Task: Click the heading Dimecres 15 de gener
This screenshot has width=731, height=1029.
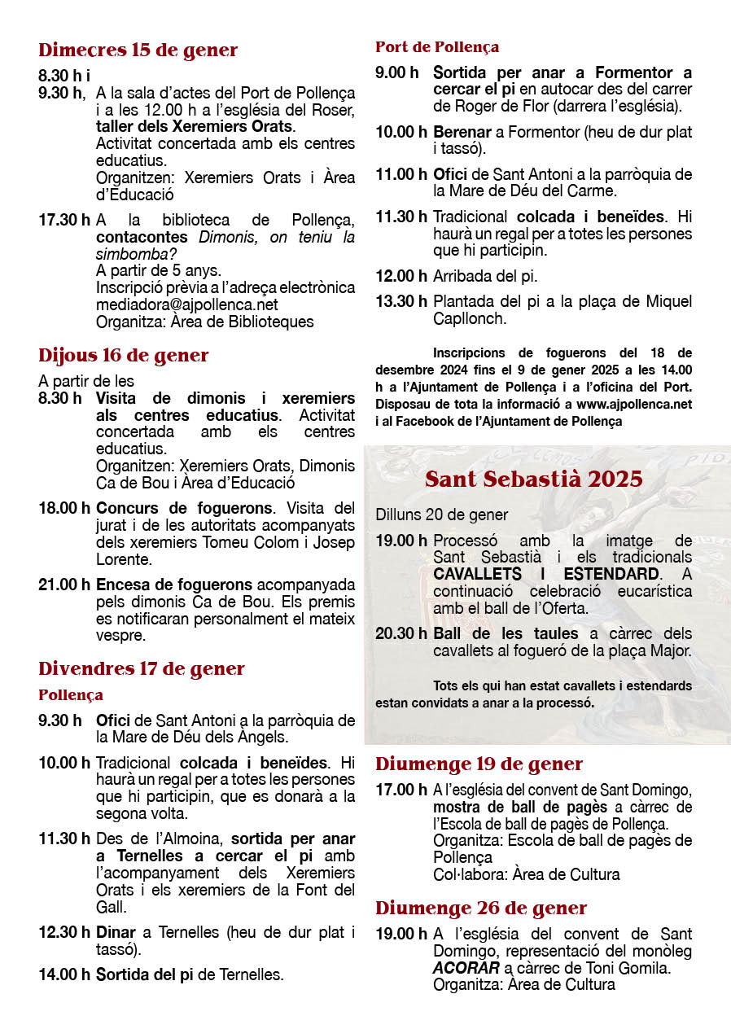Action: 138,50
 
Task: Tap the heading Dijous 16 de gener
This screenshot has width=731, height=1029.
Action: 123,356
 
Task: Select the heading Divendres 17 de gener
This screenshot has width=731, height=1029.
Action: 141,669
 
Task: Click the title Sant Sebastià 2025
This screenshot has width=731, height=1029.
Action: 533,479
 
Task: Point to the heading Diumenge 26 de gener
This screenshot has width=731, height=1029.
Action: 480,909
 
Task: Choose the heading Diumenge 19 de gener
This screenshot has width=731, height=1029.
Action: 479,764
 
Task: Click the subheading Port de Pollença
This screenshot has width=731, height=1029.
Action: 436,47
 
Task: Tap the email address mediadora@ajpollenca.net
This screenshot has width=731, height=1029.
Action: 186,304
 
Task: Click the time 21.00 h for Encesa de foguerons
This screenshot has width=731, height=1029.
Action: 63,585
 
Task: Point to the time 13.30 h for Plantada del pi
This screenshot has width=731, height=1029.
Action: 401,301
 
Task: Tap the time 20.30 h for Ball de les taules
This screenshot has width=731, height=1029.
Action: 401,633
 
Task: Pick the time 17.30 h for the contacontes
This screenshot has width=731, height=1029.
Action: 63,220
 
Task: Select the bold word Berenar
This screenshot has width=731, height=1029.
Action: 462,131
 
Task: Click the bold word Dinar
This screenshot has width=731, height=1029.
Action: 116,933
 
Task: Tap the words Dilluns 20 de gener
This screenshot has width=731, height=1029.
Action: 441,514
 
